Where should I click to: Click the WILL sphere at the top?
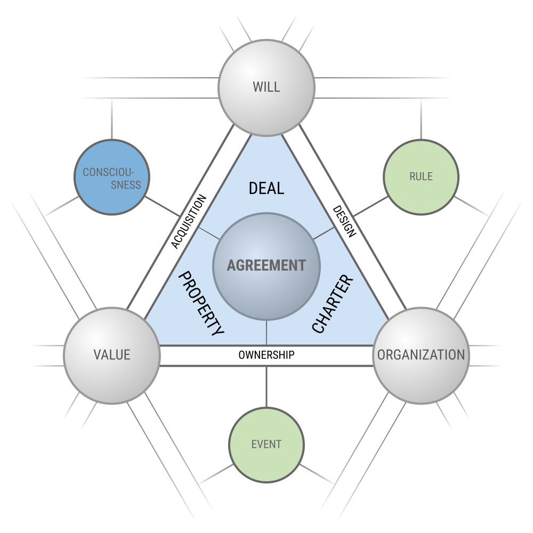coord(266,88)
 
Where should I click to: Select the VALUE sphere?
coord(112,356)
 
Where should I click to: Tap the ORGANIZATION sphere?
coord(421,356)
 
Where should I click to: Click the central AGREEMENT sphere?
coord(266,266)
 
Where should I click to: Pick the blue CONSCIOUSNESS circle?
coord(112,177)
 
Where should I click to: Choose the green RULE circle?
coord(421,177)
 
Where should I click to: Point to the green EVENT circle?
coord(266,445)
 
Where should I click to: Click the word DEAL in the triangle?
coord(266,188)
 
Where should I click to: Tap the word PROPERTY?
coord(201,303)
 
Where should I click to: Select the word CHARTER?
coord(333,304)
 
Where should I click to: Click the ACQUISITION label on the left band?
coord(189,221)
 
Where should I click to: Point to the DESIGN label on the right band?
coord(344,221)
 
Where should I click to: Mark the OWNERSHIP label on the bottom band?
coord(266,355)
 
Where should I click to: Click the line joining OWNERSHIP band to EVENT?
coord(266,387)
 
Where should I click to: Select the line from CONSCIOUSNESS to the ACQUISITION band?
coord(162,206)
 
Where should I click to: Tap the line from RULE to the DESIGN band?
coord(371,206)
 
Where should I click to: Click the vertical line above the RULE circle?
coord(421,119)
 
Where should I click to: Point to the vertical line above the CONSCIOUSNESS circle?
coord(112,119)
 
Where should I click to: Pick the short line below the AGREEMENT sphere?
coord(266,333)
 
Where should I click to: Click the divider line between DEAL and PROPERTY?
coord(209,233)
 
